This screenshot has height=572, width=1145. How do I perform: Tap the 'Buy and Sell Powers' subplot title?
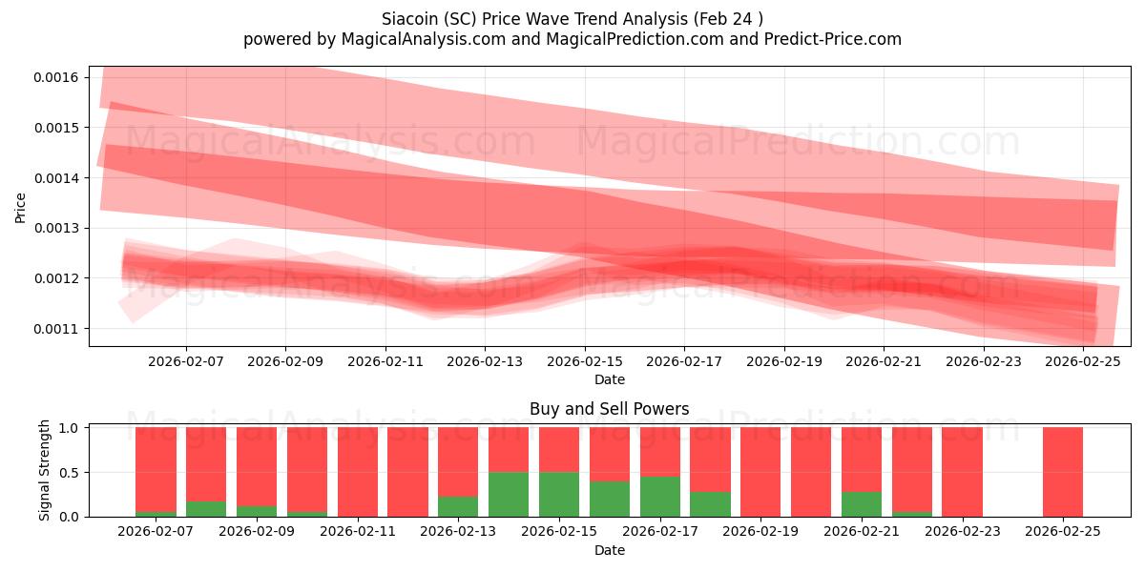pos(609,409)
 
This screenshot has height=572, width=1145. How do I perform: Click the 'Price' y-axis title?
pos(21,207)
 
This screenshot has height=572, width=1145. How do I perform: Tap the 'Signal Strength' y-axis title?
pos(44,471)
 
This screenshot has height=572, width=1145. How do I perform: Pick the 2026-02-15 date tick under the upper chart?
pos(585,361)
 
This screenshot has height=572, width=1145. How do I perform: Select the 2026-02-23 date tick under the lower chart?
pos(962,530)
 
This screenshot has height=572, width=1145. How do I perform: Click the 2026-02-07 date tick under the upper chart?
pos(186,361)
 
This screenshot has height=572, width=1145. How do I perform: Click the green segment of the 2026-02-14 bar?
pos(509,494)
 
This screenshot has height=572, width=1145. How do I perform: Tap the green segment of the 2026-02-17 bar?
pos(660,496)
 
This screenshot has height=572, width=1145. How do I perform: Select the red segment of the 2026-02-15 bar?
pos(559,449)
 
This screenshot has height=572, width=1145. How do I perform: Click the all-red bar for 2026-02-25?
pos(1063,472)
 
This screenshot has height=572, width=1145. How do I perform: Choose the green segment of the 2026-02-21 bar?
pos(862,503)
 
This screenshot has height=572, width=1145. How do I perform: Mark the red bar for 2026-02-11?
pos(358,472)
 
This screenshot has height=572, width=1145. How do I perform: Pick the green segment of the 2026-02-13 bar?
pos(458,506)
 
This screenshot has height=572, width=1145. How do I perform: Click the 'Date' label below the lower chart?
pos(609,550)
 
